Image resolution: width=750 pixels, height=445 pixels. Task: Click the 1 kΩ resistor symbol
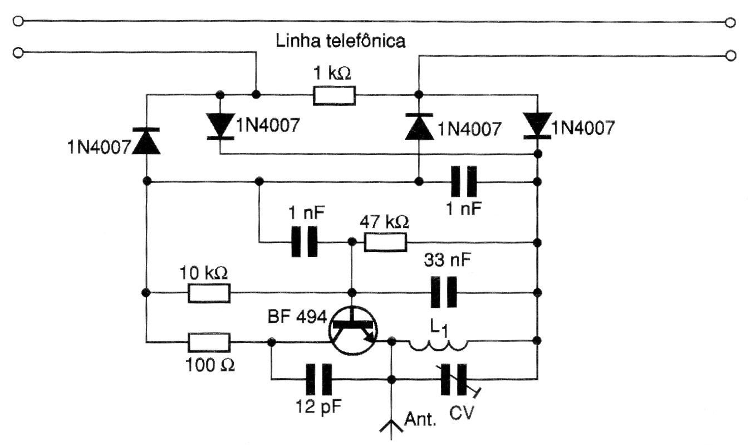click(334, 95)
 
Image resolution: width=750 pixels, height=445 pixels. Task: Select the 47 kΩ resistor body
click(385, 243)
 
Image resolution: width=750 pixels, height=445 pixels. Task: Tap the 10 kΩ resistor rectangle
click(209, 293)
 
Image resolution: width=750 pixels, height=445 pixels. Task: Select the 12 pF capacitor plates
click(318, 380)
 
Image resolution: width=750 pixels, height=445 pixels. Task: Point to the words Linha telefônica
click(340, 41)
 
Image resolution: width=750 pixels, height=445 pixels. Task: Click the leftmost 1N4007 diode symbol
click(146, 141)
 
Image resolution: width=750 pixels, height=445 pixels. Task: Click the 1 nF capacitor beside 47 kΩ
click(305, 242)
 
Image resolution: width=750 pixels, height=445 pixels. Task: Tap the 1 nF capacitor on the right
click(464, 181)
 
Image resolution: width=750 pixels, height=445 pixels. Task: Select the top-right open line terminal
click(731, 23)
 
